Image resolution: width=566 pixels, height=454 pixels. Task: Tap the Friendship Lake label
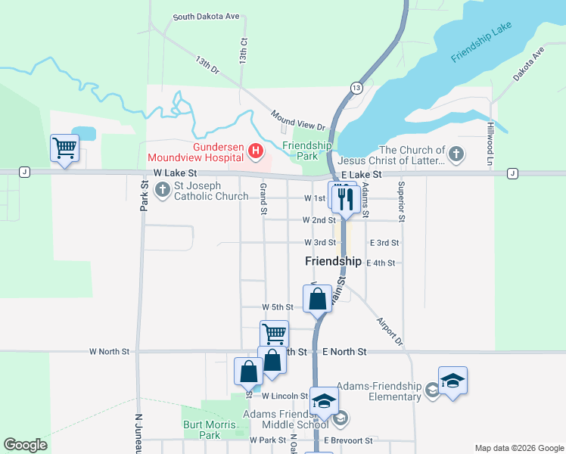pyautogui.click(x=481, y=42)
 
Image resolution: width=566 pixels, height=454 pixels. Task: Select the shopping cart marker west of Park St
pyautogui.click(x=65, y=148)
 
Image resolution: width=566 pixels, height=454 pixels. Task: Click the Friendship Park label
pyautogui.click(x=307, y=151)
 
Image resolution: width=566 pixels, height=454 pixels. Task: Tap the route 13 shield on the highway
pyautogui.click(x=356, y=89)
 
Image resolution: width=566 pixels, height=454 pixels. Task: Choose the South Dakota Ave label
pyautogui.click(x=206, y=17)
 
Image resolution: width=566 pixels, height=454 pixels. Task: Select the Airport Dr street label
pyautogui.click(x=390, y=331)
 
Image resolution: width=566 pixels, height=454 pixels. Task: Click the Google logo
pyautogui.click(x=25, y=445)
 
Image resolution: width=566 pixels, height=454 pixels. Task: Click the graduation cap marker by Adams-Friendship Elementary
pyautogui.click(x=452, y=381)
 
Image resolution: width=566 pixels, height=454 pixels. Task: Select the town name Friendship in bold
pyautogui.click(x=333, y=261)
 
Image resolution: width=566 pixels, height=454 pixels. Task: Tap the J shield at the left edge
pyautogui.click(x=25, y=173)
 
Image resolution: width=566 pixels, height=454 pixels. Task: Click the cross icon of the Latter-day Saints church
pyautogui.click(x=456, y=155)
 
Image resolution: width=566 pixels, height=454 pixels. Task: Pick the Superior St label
pyautogui.click(x=402, y=202)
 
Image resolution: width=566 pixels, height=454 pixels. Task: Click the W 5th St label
pyautogui.click(x=277, y=307)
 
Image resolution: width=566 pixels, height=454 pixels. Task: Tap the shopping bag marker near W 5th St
pyautogui.click(x=318, y=297)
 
